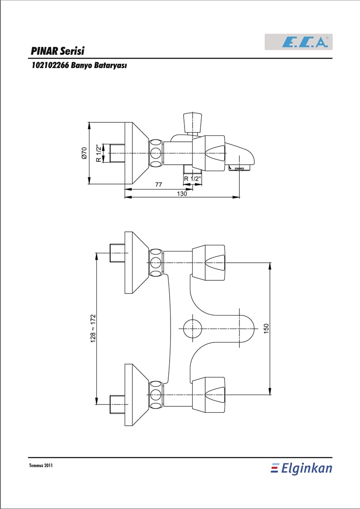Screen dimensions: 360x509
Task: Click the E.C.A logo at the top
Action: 299,42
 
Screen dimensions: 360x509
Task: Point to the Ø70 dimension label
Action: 85,153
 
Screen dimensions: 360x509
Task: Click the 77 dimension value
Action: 158,185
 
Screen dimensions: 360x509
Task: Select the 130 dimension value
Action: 182,194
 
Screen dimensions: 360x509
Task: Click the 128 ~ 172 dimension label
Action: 93,328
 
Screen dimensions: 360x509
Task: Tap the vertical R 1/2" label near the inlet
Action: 99,153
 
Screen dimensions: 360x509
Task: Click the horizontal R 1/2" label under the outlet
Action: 193,179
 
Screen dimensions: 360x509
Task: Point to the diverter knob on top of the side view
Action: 193,123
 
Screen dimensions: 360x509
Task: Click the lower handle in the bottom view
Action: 208,395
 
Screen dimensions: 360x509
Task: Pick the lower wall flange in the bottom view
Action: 137,395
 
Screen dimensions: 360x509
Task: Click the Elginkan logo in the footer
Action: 301,468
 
